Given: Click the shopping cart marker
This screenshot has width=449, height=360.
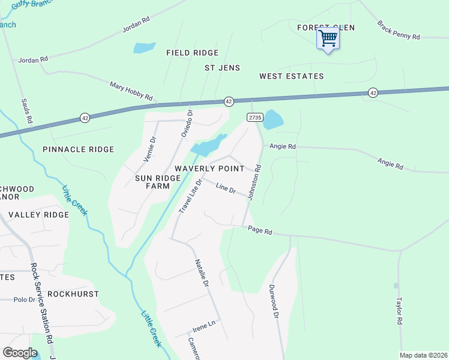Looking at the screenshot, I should coord(328,39).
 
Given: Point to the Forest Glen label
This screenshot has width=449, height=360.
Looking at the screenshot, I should coord(326,28).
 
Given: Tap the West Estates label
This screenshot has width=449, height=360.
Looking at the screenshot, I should coord(291,76).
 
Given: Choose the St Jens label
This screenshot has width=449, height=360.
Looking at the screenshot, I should coord(222,68).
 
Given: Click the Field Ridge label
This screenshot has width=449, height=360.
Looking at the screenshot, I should coord(192,53).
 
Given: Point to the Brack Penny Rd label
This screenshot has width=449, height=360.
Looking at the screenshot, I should coord(398,31).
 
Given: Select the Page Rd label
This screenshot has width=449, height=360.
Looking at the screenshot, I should coord(261,231).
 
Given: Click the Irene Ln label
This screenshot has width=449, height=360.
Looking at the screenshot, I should coord(203,326).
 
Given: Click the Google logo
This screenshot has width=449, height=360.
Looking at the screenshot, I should coord(20,353).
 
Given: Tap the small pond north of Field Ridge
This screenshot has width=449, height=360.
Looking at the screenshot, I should coord(144,47).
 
